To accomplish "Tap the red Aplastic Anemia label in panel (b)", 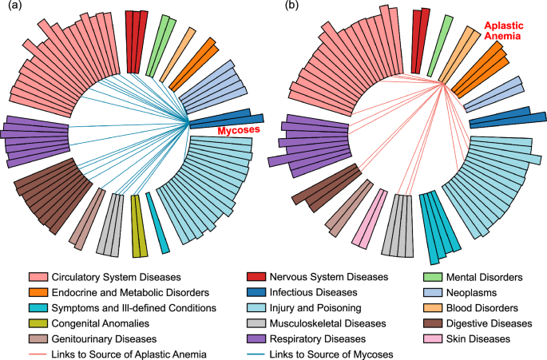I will click(x=501, y=30).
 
